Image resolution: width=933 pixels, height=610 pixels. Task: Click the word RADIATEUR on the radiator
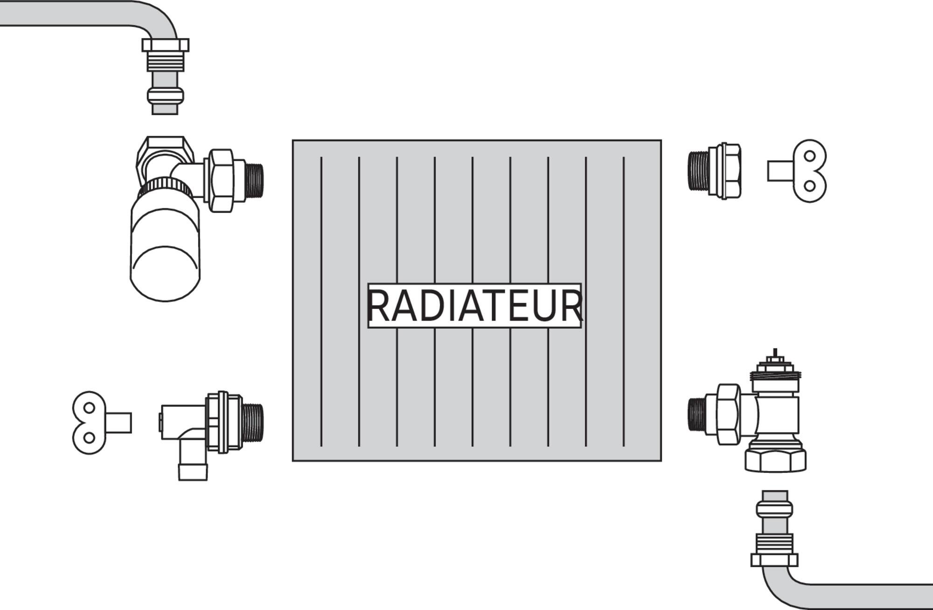pyautogui.click(x=474, y=306)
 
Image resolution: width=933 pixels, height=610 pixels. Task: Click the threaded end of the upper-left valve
pyautogui.click(x=254, y=179)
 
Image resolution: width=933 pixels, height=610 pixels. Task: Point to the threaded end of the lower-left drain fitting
pyautogui.click(x=255, y=422)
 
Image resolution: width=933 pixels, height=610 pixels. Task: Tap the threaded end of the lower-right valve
pyautogui.click(x=696, y=414)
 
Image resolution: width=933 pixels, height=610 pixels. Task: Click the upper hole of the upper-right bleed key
pyautogui.click(x=810, y=155)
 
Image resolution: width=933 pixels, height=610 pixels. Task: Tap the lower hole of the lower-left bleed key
pyautogui.click(x=89, y=438)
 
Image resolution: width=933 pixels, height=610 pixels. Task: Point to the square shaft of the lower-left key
pyautogui.click(x=118, y=423)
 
